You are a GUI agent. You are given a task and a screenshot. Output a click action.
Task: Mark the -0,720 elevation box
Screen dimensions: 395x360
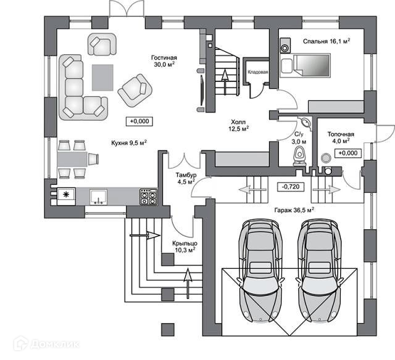coord(290,186)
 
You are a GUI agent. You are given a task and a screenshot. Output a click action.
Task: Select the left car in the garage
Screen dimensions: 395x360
coord(262,270)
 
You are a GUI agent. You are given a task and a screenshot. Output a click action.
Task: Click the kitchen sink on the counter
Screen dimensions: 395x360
coord(97,197)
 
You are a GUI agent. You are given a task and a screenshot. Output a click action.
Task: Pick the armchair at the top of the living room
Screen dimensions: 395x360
coord(102,44)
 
